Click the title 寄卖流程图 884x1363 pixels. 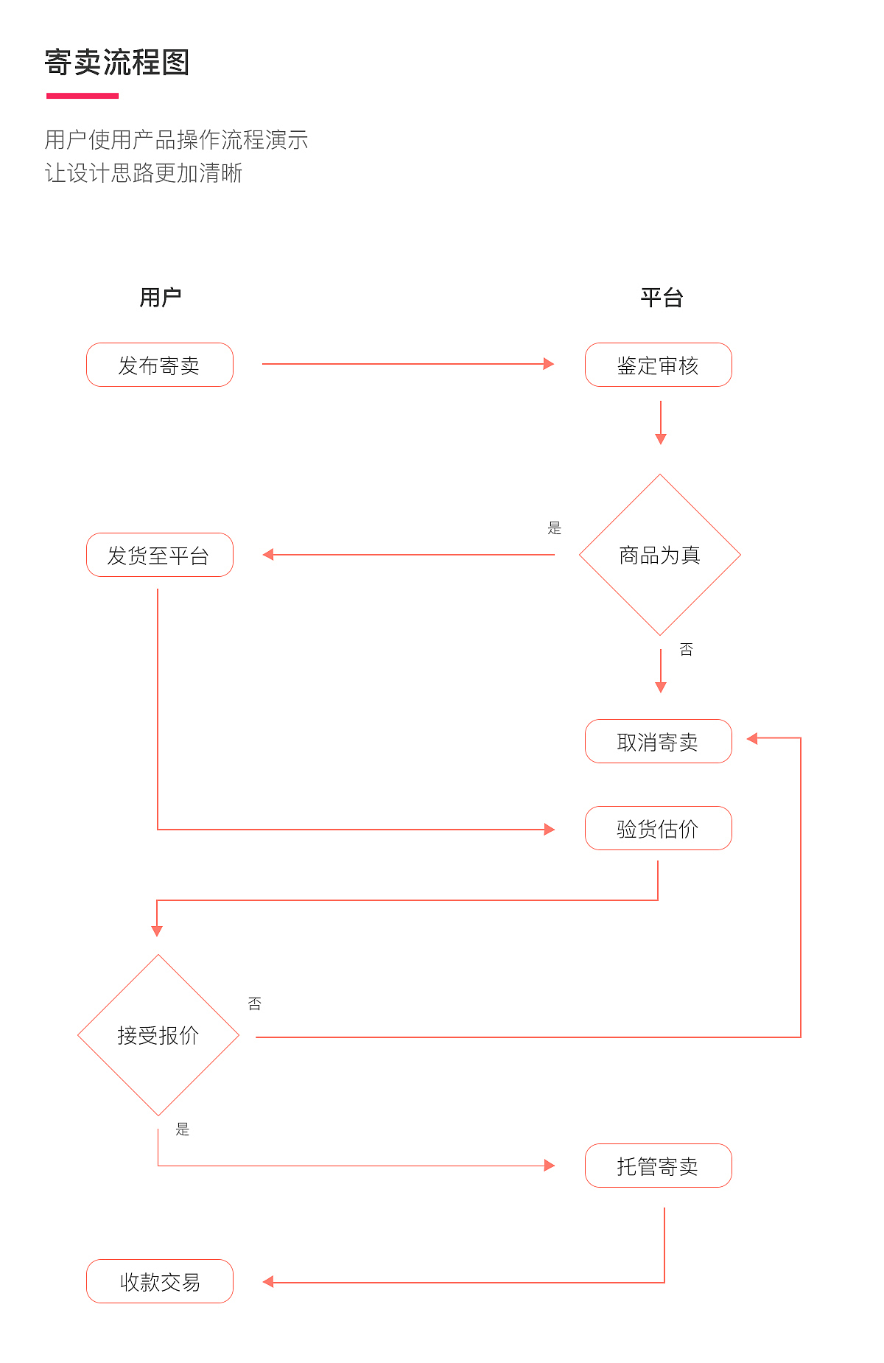(117, 63)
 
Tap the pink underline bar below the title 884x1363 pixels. (83, 96)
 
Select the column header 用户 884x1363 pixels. (161, 298)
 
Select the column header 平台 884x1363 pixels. (661, 298)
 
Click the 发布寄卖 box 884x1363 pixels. (160, 365)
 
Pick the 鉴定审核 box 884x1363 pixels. (658, 365)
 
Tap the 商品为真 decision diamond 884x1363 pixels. (660, 555)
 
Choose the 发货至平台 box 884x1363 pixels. (160, 555)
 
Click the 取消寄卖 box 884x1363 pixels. (658, 741)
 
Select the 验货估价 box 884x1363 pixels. (658, 828)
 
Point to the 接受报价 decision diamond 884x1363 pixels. (158, 1035)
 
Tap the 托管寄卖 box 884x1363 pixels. (658, 1166)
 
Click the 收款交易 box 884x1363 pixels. (160, 1281)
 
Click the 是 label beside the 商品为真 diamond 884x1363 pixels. (555, 528)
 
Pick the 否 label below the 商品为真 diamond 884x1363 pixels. (686, 649)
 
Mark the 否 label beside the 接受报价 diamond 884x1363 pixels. (255, 1003)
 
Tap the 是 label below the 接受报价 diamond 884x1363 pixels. (183, 1129)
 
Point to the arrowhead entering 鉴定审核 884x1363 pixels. (549, 364)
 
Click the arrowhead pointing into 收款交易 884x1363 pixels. (268, 1282)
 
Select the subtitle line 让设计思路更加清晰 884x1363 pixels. (144, 173)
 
